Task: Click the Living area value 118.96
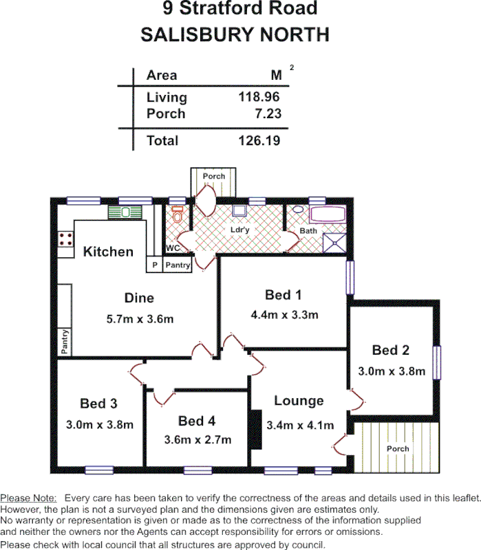point(259,97)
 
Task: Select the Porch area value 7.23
point(268,114)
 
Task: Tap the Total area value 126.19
point(259,141)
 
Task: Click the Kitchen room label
point(108,252)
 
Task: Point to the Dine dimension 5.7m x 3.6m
point(139,319)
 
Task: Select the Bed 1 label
point(284,295)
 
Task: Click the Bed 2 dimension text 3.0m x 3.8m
point(392,371)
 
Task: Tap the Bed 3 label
point(98,403)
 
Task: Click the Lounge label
point(299,401)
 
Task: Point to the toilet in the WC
point(178,218)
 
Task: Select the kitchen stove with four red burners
point(67,240)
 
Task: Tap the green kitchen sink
point(125,212)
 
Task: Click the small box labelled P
point(154,265)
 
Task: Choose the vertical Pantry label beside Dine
point(64,342)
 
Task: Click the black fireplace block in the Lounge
point(255,430)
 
